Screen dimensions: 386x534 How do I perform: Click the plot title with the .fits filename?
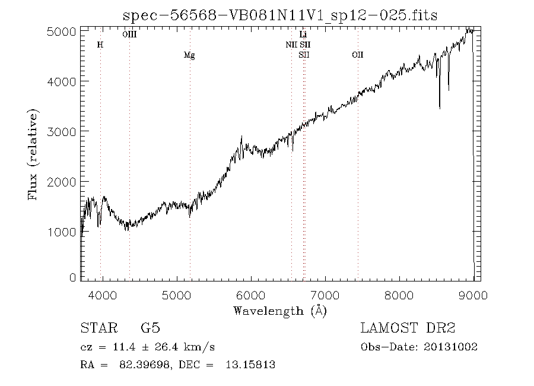click(279, 15)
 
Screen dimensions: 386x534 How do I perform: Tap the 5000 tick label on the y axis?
click(61, 31)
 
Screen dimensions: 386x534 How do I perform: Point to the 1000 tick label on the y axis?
click(61, 232)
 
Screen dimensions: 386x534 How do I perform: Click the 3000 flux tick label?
click(61, 131)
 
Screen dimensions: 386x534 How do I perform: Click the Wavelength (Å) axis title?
click(280, 311)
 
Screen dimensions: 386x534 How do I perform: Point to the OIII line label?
click(129, 35)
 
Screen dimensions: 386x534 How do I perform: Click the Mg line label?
click(189, 55)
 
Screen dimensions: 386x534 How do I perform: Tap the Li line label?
click(303, 35)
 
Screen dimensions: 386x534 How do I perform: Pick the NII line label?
click(291, 45)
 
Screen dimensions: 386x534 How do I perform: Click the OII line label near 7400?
click(357, 55)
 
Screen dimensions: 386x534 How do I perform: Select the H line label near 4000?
click(100, 45)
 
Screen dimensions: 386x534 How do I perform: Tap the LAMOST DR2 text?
click(408, 328)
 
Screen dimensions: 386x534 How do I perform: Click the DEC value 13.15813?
click(251, 365)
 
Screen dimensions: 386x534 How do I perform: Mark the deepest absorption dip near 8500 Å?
click(440, 107)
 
